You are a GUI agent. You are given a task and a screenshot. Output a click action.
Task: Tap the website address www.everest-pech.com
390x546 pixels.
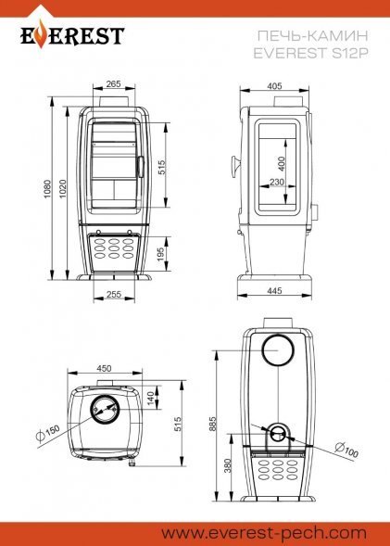(263, 533)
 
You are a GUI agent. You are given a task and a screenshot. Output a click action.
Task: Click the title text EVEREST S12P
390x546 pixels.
(310, 53)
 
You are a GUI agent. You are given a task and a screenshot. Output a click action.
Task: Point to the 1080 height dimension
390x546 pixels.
(47, 189)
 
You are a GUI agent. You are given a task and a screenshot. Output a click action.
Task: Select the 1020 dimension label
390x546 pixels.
(63, 189)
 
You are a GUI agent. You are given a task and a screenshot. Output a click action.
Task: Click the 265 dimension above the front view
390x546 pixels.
(113, 84)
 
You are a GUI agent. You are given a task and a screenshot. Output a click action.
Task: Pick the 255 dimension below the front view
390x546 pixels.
(114, 294)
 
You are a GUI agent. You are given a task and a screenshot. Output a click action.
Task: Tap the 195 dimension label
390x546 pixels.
(161, 255)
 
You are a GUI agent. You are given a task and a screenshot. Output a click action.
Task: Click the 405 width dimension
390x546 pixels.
(274, 86)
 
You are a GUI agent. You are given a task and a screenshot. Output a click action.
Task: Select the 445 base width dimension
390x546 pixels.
(275, 290)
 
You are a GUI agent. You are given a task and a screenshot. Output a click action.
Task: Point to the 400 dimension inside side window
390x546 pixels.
(282, 164)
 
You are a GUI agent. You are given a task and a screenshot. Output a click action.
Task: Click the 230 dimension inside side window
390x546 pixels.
(277, 182)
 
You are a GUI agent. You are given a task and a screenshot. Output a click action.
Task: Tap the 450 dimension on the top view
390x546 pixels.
(104, 368)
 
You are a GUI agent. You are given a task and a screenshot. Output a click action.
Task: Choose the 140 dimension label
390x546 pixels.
(150, 399)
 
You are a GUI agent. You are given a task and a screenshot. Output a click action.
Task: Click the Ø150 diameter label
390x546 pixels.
(48, 433)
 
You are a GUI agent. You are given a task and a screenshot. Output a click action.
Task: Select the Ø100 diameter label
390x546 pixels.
(346, 450)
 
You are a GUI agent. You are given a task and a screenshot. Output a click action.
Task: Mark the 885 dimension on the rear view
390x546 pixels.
(212, 424)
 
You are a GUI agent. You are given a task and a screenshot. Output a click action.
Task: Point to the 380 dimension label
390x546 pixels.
(228, 466)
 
